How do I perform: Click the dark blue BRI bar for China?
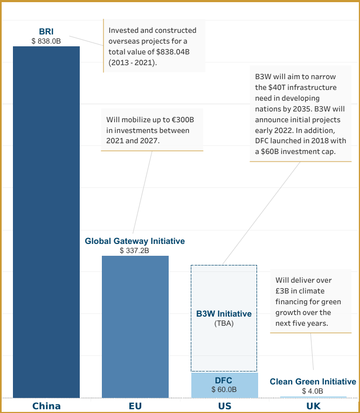pos(46,221)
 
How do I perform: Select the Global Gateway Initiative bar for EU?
pos(135,326)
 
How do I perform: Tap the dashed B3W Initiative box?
pos(224,291)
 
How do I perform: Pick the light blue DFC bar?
pos(224,385)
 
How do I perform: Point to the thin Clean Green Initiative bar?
pos(313,397)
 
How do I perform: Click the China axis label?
pos(46,406)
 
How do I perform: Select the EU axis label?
pos(135,406)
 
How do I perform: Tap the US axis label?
pos(224,406)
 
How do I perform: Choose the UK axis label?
pos(313,406)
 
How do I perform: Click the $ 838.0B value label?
pos(46,41)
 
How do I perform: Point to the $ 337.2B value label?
pos(135,250)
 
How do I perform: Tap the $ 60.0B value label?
pos(224,389)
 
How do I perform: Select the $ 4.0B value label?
pos(313,391)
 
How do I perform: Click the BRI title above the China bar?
pos(46,32)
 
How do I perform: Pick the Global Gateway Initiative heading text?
pos(135,241)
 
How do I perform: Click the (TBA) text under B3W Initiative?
pos(224,324)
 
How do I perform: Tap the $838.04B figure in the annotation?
pos(170,52)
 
